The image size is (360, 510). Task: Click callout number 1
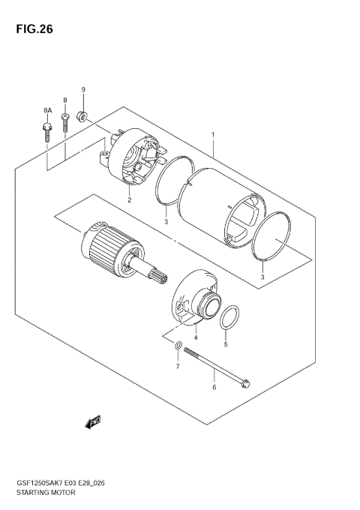(x=213, y=136)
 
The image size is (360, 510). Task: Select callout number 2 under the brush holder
(x=129, y=200)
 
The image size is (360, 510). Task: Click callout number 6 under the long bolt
(x=214, y=387)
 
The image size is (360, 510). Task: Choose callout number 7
(x=178, y=367)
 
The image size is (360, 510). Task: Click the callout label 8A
(x=46, y=110)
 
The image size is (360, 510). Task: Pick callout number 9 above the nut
(x=83, y=90)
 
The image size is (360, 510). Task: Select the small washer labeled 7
(x=178, y=346)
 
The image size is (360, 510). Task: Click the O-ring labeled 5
(x=232, y=316)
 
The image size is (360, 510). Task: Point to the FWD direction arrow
(x=93, y=424)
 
